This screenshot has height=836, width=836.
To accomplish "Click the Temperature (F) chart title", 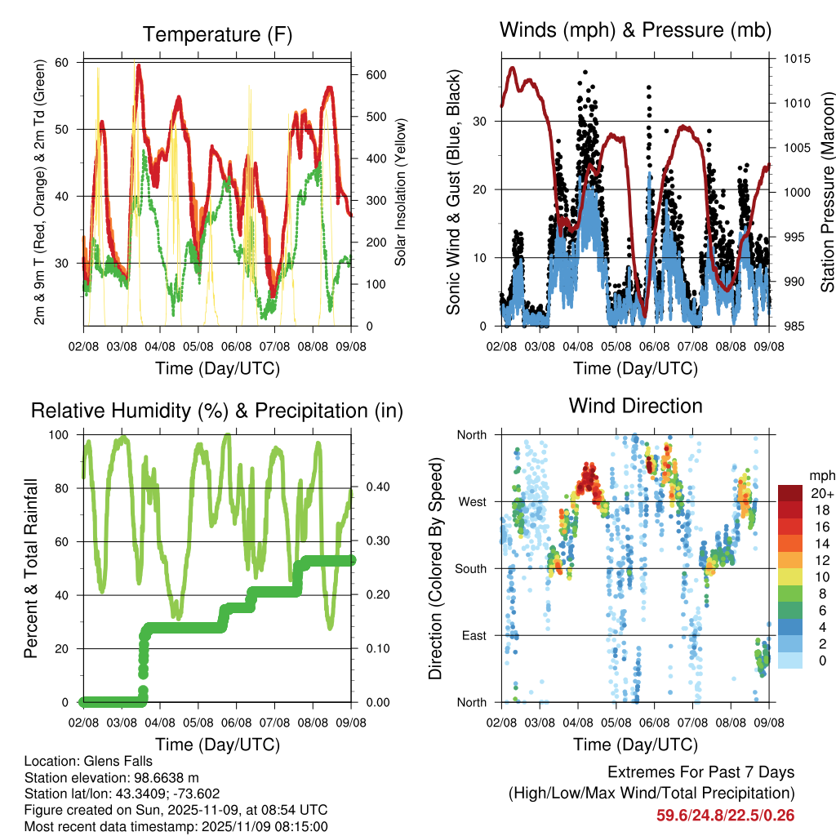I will (216, 34).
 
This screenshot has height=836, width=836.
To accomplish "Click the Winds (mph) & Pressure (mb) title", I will (635, 31).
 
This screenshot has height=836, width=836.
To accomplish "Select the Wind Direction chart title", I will (635, 406).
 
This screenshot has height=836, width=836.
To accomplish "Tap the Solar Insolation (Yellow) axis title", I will (400, 193).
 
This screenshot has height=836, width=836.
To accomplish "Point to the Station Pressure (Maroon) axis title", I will (827, 193).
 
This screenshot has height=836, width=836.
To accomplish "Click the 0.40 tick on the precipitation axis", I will (371, 487).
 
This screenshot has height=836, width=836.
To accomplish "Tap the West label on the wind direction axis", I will (472, 501).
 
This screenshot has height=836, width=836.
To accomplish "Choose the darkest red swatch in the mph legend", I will (789, 493).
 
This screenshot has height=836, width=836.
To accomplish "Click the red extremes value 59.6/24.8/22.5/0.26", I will (725, 815).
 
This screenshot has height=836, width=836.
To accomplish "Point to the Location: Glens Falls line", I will (88, 762).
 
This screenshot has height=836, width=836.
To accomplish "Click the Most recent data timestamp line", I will (176, 826).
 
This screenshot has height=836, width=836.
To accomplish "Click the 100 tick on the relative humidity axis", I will (63, 434).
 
